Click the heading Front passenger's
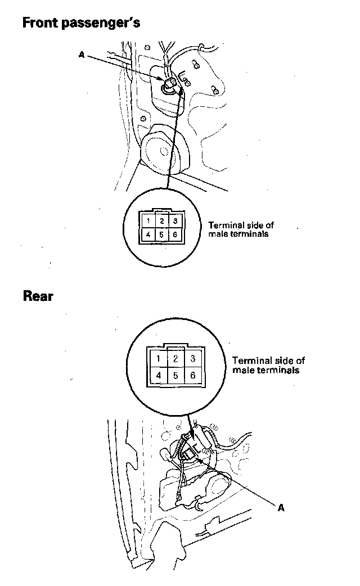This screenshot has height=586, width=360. click(x=81, y=23)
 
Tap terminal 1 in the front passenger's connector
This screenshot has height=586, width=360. click(x=147, y=222)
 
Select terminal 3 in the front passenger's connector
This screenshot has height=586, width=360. click(x=175, y=221)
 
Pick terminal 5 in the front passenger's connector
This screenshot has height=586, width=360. click(x=161, y=234)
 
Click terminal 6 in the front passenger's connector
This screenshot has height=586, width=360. click(x=175, y=234)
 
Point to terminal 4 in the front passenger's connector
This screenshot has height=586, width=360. click(x=147, y=234)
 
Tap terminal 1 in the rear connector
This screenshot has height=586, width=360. click(x=159, y=358)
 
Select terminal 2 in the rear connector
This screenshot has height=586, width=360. click(x=175, y=358)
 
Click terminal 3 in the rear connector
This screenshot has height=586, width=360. click(x=192, y=358)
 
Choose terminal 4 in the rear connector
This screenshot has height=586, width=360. click(x=159, y=374)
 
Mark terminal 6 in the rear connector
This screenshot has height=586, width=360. click(x=192, y=374)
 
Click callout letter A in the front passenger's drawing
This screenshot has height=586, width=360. click(x=82, y=55)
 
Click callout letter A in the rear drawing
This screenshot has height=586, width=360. click(x=282, y=507)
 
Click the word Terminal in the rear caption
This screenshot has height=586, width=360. click(x=249, y=360)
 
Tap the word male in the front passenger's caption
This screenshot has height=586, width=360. click(x=217, y=233)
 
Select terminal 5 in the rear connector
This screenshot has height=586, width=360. click(x=175, y=374)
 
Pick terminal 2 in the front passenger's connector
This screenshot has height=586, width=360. click(x=161, y=221)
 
